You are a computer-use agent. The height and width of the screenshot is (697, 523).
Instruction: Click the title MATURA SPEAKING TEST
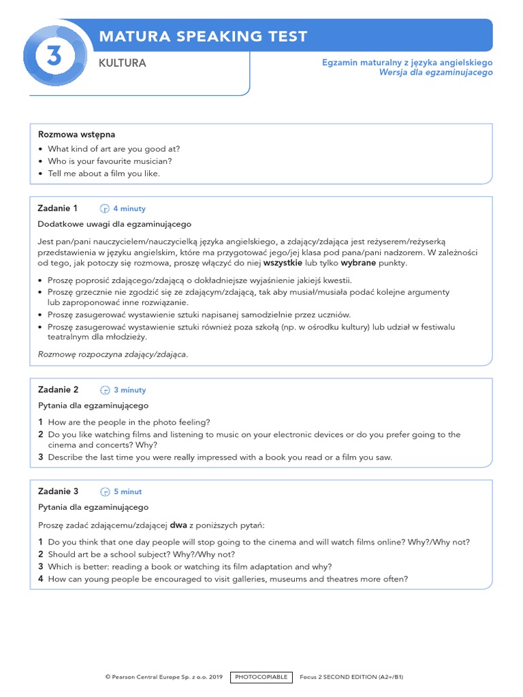(203, 36)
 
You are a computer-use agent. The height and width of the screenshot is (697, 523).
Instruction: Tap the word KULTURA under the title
(122, 63)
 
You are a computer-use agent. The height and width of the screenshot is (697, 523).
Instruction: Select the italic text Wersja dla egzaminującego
(436, 72)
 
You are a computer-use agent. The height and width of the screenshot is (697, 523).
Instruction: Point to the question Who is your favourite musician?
(110, 161)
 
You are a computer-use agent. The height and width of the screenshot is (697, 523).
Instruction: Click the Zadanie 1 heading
(58, 208)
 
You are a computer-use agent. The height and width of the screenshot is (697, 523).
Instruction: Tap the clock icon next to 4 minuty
(105, 209)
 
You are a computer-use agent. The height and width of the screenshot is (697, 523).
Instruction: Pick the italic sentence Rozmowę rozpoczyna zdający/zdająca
(113, 354)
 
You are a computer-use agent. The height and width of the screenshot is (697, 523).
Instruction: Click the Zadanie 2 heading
(58, 390)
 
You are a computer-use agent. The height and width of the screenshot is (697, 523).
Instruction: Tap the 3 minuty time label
(129, 391)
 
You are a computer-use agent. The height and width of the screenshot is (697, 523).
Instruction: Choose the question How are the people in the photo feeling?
(129, 422)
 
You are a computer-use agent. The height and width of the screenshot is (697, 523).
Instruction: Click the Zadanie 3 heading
(58, 491)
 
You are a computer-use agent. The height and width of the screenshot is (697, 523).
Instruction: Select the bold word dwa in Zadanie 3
(178, 525)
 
